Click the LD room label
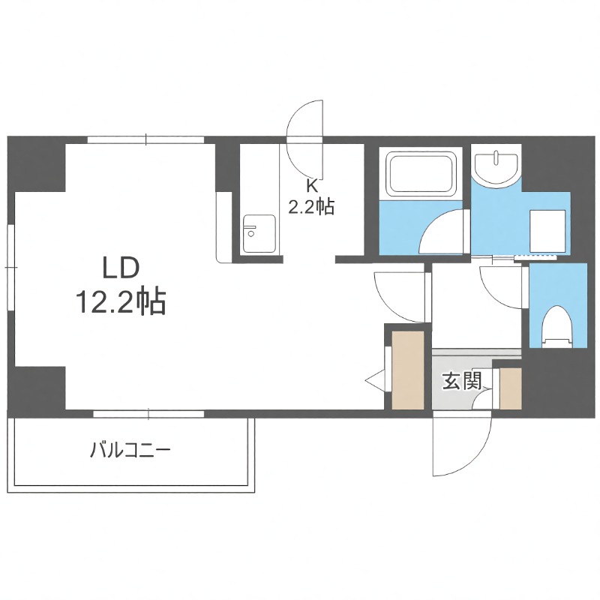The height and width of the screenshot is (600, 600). click(120, 268)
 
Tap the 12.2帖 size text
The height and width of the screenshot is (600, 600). click(120, 302)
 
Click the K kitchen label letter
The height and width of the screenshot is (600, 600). click(310, 185)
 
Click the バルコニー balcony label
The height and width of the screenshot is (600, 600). click(130, 451)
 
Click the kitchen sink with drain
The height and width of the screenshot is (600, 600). click(257, 232)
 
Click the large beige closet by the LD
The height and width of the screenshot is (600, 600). click(408, 369)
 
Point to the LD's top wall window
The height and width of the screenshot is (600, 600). click(145, 139)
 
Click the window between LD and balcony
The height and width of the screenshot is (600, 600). click(148, 412)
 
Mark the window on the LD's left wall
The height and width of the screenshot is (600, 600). click(10, 266)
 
